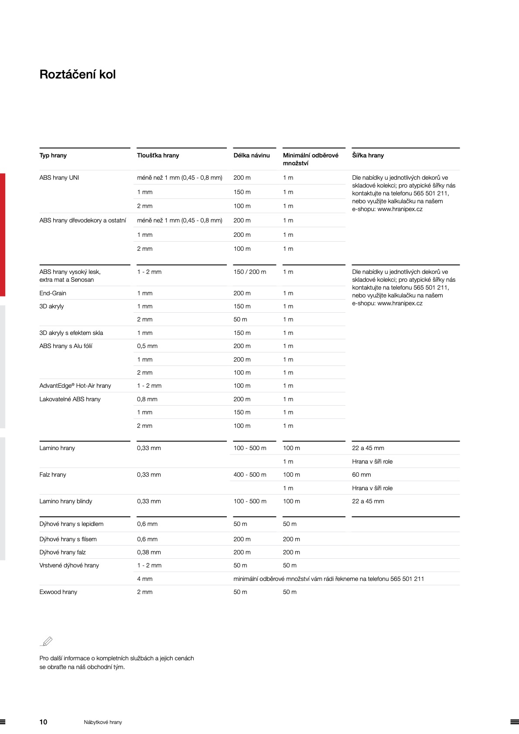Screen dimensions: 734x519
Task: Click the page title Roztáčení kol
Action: [x=78, y=75]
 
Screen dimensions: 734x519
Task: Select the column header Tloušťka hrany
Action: [x=158, y=155]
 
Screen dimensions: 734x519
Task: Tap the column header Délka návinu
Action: [x=251, y=155]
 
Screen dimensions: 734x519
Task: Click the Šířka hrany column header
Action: [x=368, y=155]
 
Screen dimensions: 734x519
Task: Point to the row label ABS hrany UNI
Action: [x=59, y=178]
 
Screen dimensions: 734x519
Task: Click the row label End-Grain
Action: [x=53, y=293]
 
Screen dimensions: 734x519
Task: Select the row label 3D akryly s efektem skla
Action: [x=71, y=333]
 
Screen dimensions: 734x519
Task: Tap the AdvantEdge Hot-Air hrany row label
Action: [x=75, y=386]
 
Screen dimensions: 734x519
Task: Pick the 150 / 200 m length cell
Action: [x=249, y=272]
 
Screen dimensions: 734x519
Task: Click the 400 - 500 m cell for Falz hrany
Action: [x=249, y=475]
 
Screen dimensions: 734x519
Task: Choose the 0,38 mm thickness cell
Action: [x=149, y=552]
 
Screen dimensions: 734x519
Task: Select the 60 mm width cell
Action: [x=361, y=475]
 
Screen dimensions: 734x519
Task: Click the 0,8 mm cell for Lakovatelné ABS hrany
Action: [x=147, y=399]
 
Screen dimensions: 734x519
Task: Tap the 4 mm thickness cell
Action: [x=145, y=579]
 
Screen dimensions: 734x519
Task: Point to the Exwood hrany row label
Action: [x=58, y=592]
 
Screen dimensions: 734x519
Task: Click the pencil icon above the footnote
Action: [x=46, y=641]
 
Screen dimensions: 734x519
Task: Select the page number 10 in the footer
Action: [x=43, y=722]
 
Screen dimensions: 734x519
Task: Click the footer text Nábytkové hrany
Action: [x=103, y=722]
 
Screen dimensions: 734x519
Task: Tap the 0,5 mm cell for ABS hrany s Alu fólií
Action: [x=147, y=346]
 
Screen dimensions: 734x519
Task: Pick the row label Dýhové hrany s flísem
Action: [x=68, y=539]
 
